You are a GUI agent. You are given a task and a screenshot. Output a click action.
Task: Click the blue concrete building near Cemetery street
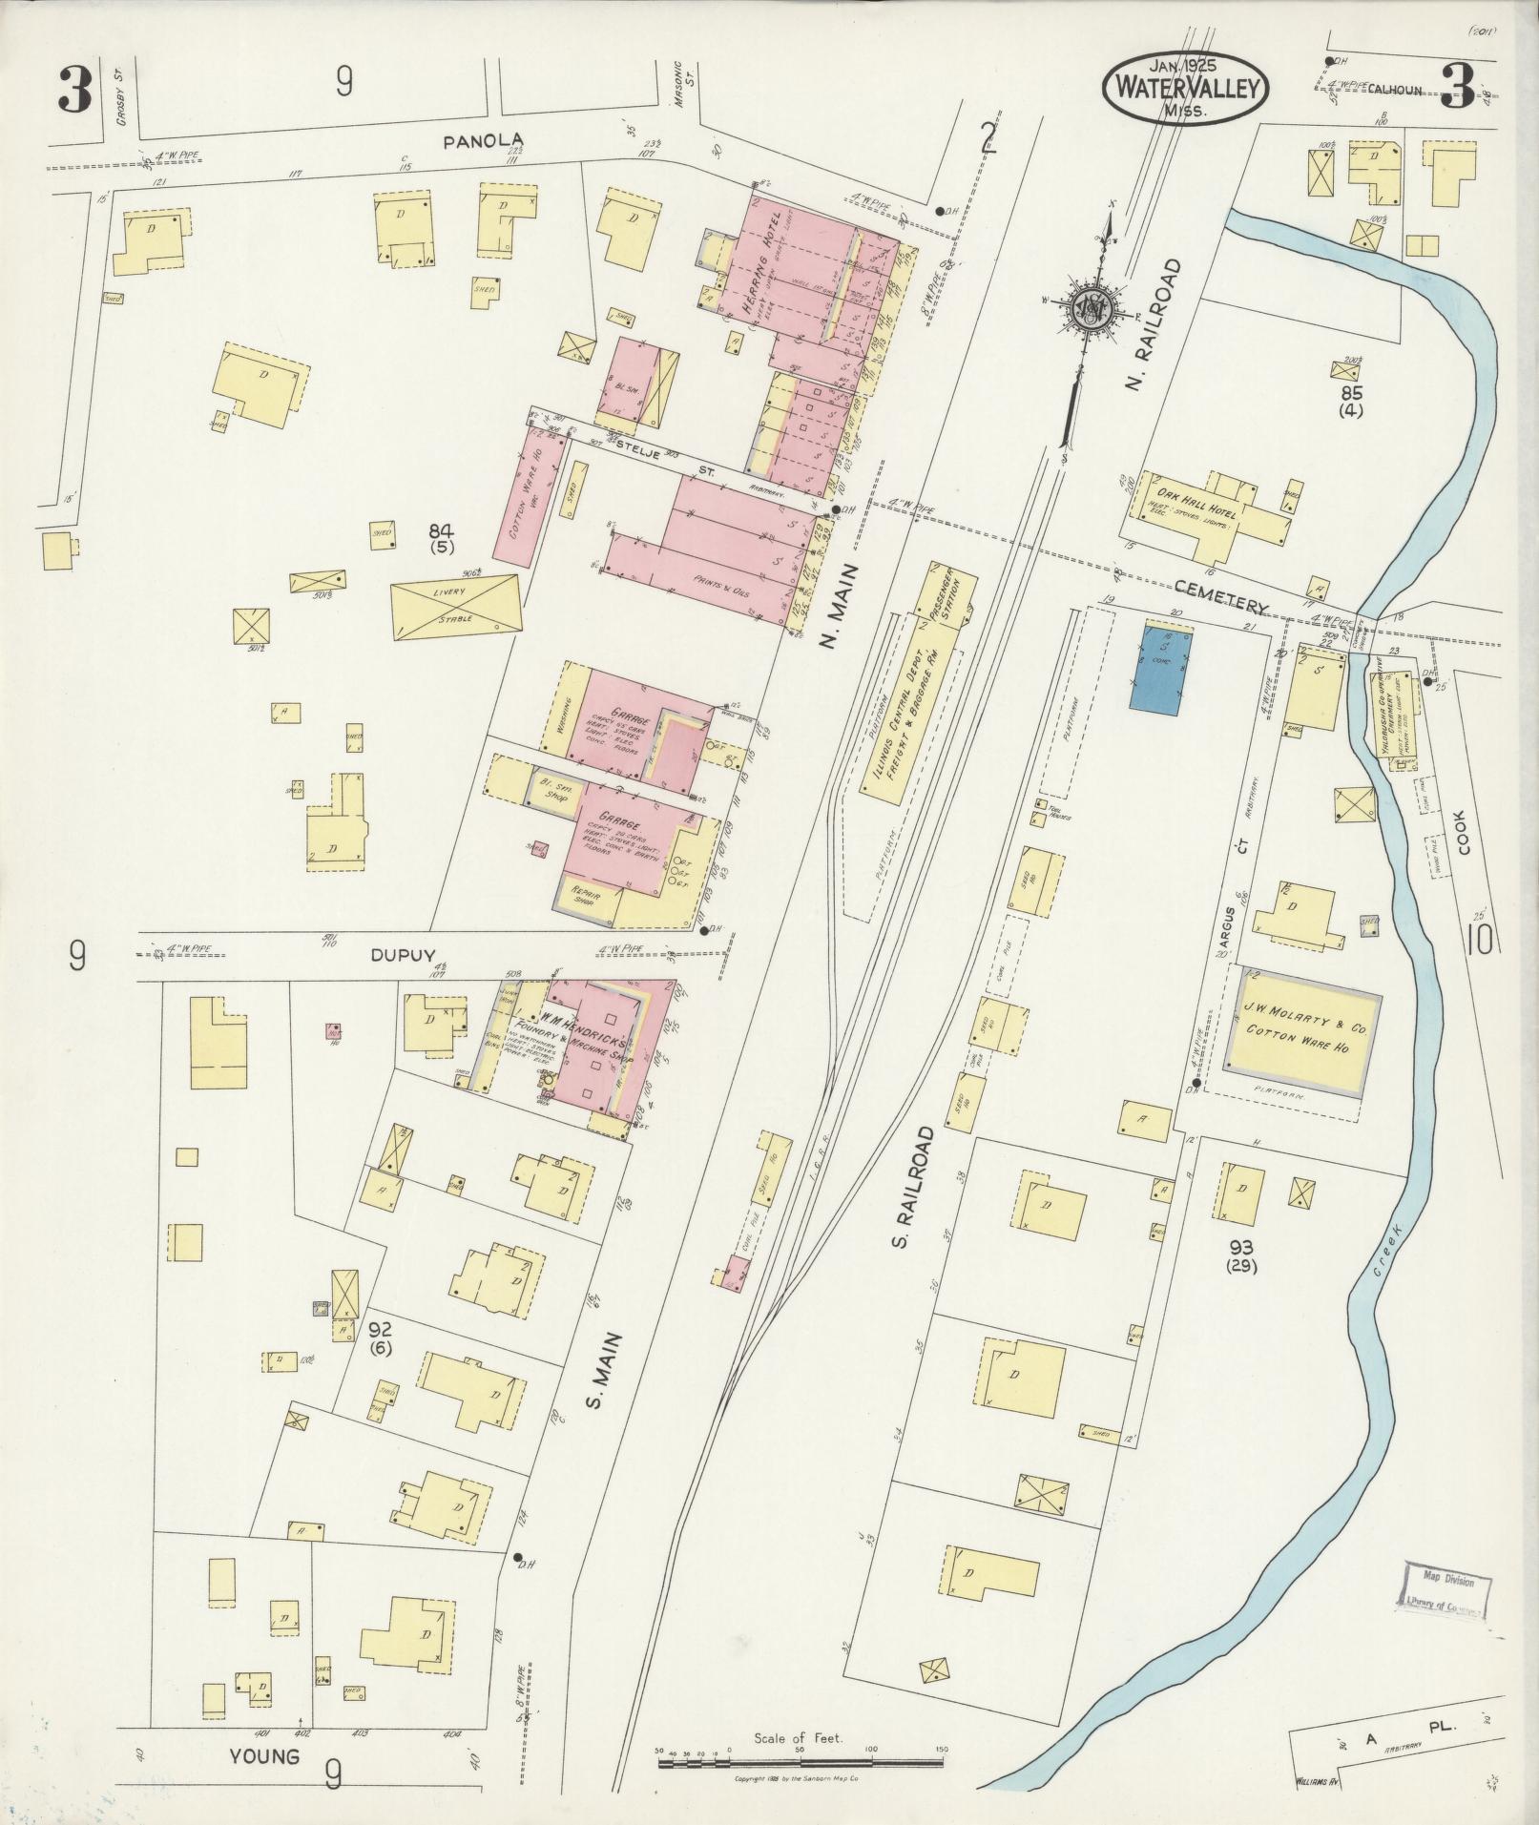pos(1161,668)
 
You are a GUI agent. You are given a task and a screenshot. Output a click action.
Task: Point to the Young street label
pos(264,1756)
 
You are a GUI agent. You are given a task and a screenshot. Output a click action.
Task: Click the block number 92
pos(380,1329)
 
